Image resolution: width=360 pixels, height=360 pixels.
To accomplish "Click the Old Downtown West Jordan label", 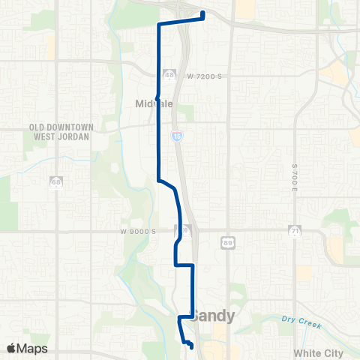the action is click(x=61, y=132).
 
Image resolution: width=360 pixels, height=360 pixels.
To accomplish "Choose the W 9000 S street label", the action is click(x=137, y=232).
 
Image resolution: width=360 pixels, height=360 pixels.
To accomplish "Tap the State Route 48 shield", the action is click(x=169, y=76).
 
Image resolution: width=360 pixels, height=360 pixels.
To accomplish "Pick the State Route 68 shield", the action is click(x=56, y=182).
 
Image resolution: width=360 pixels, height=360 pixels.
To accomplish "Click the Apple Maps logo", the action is click(x=26, y=348).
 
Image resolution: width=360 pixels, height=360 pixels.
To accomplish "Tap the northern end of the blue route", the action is click(x=203, y=13).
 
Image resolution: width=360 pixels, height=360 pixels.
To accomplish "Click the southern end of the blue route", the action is click(x=190, y=346).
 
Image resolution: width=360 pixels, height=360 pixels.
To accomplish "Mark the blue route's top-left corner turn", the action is click(x=157, y=25).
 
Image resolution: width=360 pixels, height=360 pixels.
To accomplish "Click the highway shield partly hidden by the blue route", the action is click(x=181, y=229).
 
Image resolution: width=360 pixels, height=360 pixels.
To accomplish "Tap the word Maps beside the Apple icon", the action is click(x=32, y=348).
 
